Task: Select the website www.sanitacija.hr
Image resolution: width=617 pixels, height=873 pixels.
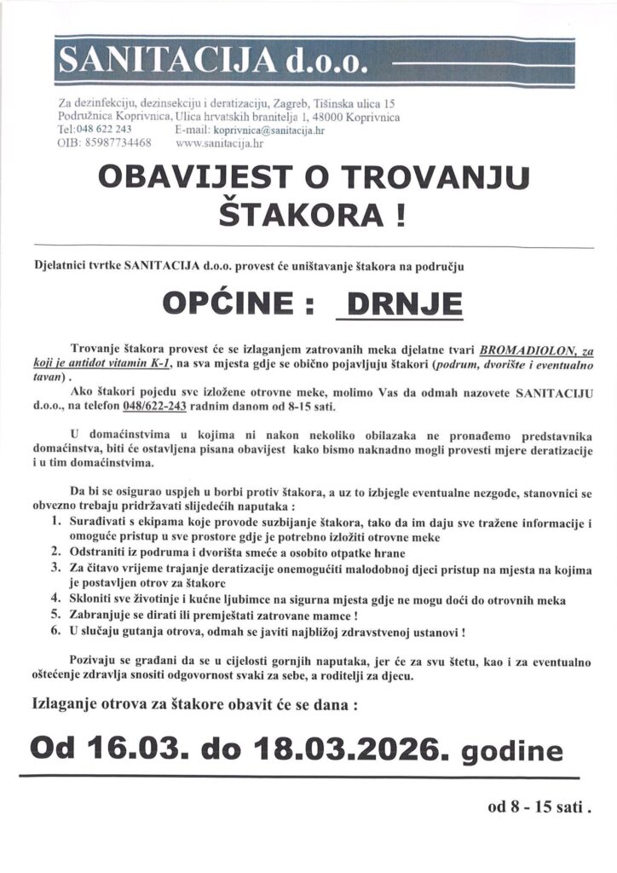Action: (x=219, y=143)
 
